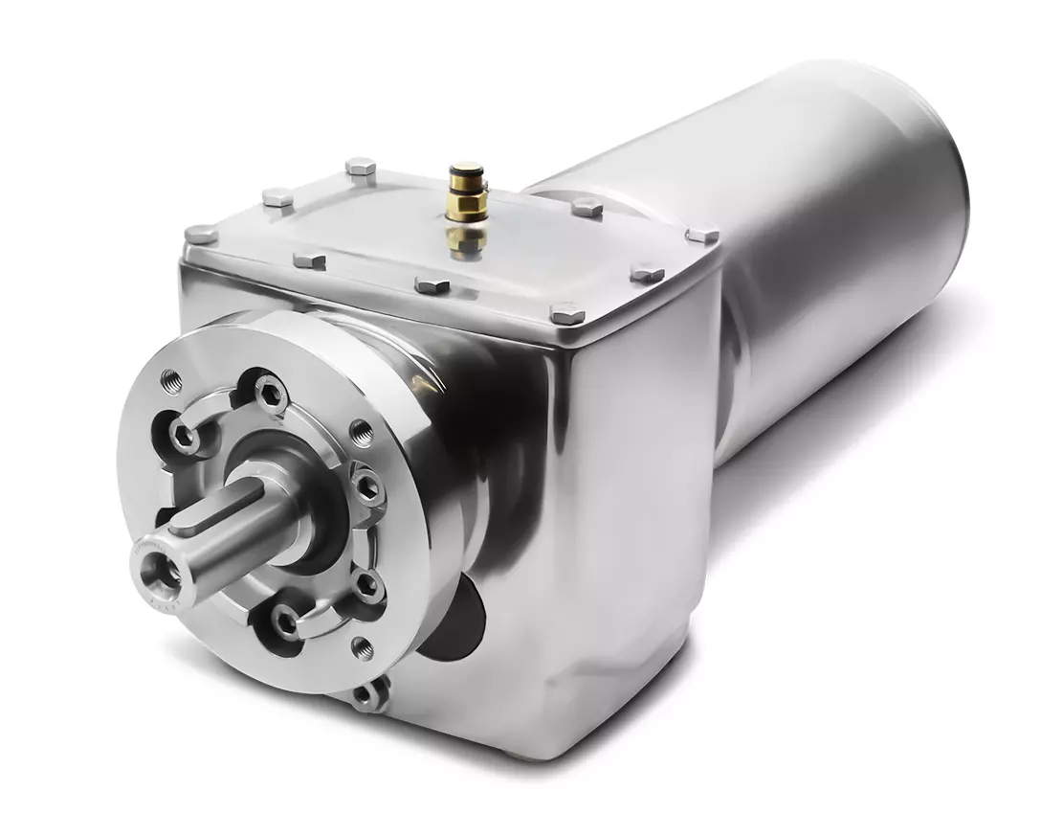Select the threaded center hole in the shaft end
coord(157,572)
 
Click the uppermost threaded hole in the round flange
coord(171,376)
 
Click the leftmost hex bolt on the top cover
coord(200,233)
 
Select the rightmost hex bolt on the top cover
coord(702,234)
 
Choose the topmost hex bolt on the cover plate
coord(360,167)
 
